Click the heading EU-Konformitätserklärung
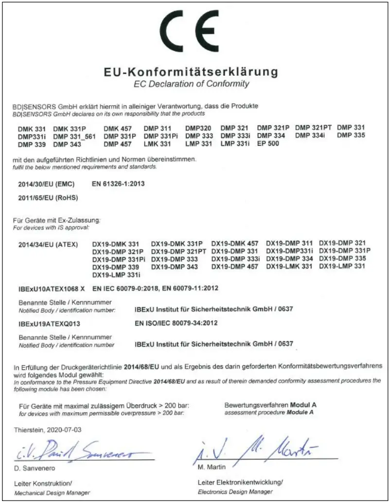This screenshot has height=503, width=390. coord(192,72)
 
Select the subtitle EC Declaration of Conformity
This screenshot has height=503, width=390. coord(192,84)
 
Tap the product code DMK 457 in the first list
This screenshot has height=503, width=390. coord(118,128)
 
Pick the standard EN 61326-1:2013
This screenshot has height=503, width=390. coord(118,184)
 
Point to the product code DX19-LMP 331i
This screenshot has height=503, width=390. coord(113,275)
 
